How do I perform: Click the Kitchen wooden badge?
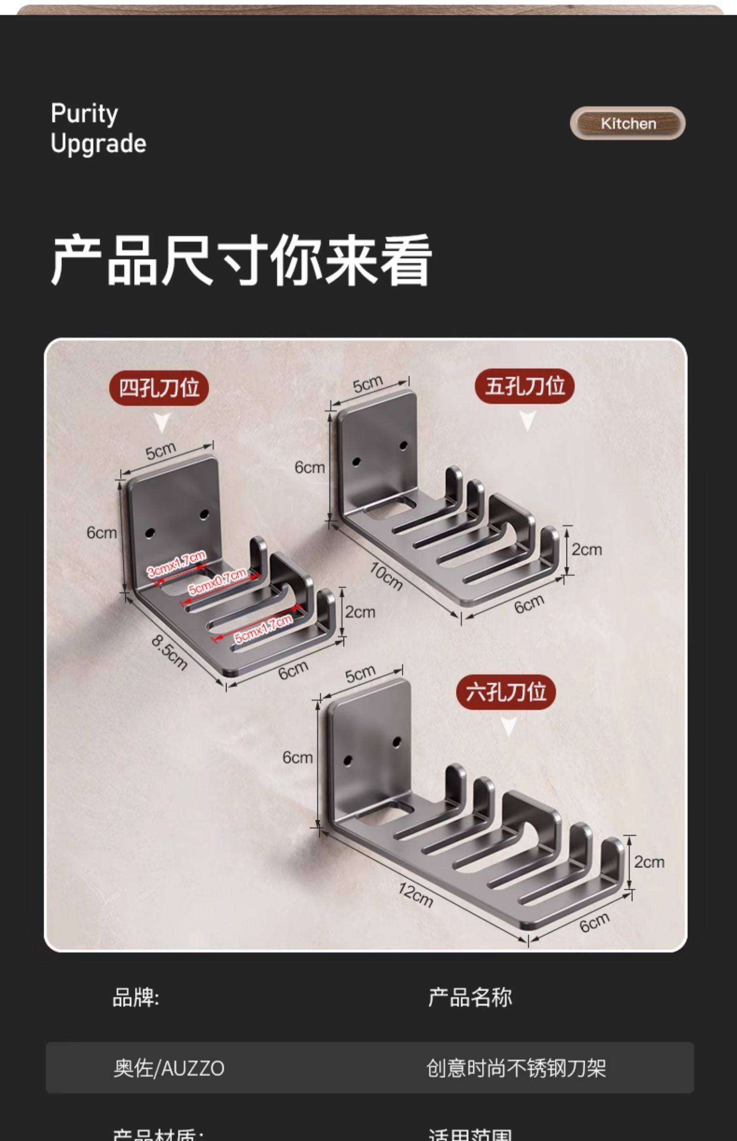pyautogui.click(x=627, y=123)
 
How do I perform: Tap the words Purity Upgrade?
pyautogui.click(x=98, y=129)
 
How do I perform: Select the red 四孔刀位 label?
pyautogui.click(x=159, y=388)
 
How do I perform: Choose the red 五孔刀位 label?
pyautogui.click(x=524, y=386)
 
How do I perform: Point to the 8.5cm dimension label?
pyautogui.click(x=169, y=652)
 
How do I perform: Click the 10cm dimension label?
pyautogui.click(x=386, y=575)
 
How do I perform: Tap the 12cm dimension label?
pyautogui.click(x=416, y=894)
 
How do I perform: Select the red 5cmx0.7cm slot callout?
pyautogui.click(x=217, y=581)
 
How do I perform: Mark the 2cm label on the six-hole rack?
pyautogui.click(x=649, y=861)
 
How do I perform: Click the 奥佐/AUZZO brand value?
pyautogui.click(x=169, y=1069)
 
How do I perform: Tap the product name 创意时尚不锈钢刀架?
pyautogui.click(x=516, y=1069)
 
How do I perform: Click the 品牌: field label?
pyautogui.click(x=136, y=998)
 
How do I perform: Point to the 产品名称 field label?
pyautogui.click(x=470, y=998)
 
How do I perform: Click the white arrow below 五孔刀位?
pyautogui.click(x=527, y=421)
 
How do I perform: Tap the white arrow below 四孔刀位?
pyautogui.click(x=162, y=423)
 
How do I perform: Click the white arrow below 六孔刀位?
pyautogui.click(x=509, y=726)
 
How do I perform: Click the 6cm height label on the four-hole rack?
pyautogui.click(x=102, y=532)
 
